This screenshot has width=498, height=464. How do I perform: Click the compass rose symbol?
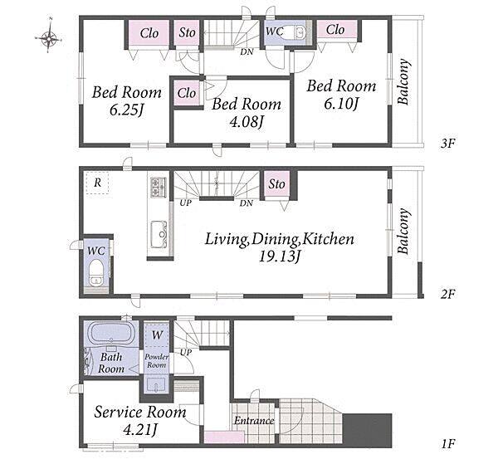[x=48, y=38]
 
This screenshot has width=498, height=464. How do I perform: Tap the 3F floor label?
[x=448, y=144]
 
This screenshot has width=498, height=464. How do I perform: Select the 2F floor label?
[x=448, y=295]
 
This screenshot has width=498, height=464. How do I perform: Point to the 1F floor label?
[x=448, y=444]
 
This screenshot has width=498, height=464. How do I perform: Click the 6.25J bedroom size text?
[x=127, y=110]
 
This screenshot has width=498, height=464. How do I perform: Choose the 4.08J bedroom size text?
[x=247, y=122]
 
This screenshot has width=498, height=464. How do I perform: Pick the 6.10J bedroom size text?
[x=341, y=104]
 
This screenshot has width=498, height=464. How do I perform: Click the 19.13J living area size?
[x=280, y=256]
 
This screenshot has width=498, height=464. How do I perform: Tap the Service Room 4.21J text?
[x=140, y=420]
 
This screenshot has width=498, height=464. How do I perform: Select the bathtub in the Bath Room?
[x=111, y=333]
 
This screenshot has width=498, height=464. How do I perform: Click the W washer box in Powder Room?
[x=157, y=335]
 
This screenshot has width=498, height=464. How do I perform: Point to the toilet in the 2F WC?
[x=96, y=273]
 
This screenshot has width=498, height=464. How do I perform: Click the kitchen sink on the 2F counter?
[x=159, y=234]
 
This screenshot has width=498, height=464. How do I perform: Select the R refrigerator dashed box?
[x=97, y=183]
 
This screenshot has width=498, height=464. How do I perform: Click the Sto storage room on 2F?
[x=276, y=184]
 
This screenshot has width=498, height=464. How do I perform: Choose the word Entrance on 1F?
[x=254, y=421]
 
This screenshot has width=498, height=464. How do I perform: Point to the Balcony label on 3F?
[x=403, y=81]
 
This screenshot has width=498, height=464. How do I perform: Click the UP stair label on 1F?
[x=186, y=352]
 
